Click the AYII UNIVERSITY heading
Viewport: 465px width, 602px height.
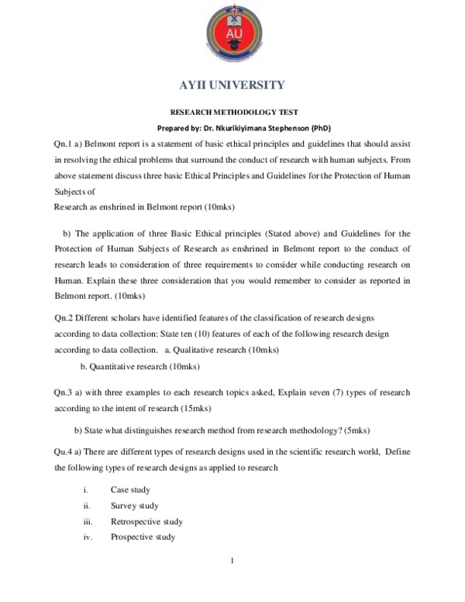coord(232,85)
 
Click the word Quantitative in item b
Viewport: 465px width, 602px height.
coord(114,365)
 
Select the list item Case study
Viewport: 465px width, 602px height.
coord(130,490)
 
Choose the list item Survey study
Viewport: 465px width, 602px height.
coord(134,506)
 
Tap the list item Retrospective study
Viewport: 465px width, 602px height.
coord(146,521)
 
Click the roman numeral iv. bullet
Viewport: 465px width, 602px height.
coord(87,537)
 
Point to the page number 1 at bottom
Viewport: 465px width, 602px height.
coord(232,560)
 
